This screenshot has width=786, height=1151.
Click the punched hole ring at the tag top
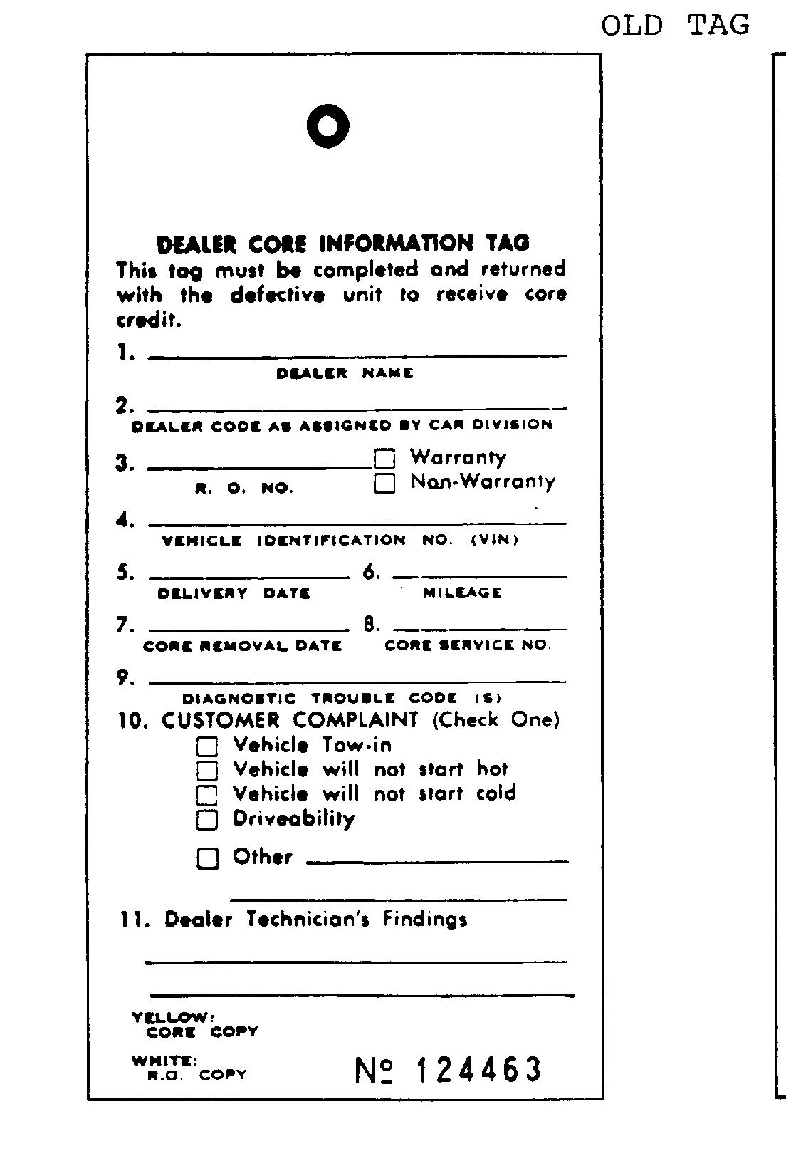pos(327,126)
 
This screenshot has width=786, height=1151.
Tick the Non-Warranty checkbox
pos(384,484)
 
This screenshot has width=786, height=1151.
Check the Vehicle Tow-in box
pos(207,746)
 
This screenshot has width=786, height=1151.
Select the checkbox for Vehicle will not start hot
pos(207,771)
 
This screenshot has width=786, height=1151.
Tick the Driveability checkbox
pos(207,820)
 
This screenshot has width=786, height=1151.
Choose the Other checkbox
pos(207,858)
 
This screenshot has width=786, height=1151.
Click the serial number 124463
pos(479,1070)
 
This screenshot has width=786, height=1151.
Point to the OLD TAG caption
pos(675,26)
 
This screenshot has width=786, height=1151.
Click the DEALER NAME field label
pos(345,373)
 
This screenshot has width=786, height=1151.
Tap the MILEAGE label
pos(463,593)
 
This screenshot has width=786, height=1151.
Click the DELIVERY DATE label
pos(234,593)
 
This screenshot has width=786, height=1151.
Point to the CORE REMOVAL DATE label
pos(242,646)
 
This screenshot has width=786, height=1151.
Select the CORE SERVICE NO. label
pos(468,645)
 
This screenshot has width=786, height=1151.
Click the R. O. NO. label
pos(244,489)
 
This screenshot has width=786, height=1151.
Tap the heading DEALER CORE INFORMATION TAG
pos(343,244)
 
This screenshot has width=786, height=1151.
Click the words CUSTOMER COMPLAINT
pos(290,720)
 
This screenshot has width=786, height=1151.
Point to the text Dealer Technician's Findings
pos(315,920)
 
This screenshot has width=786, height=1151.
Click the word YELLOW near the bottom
pos(172,1018)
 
